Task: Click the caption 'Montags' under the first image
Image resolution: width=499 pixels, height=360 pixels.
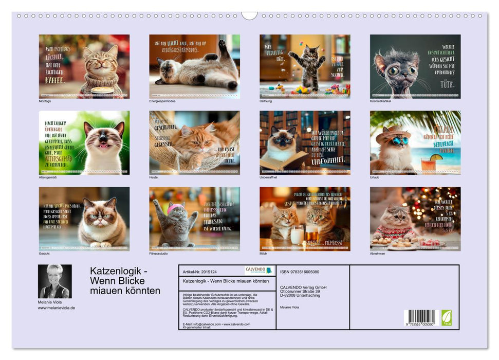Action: point(45,101)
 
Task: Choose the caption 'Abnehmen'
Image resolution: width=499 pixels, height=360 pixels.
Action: point(377,253)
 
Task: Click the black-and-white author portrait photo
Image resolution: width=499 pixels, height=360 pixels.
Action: point(54,281)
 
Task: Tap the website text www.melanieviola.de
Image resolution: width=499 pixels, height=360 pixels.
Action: point(57,308)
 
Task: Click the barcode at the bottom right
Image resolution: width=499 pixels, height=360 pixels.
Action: point(419,317)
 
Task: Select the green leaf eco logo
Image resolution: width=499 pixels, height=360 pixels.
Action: point(447,317)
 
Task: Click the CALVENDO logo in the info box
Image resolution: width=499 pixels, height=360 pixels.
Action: point(258,271)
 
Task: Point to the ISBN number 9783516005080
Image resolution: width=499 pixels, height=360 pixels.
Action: point(300,272)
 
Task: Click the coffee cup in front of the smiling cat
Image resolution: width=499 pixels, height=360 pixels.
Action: point(102,91)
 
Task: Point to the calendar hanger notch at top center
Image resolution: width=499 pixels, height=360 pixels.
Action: point(249,15)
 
